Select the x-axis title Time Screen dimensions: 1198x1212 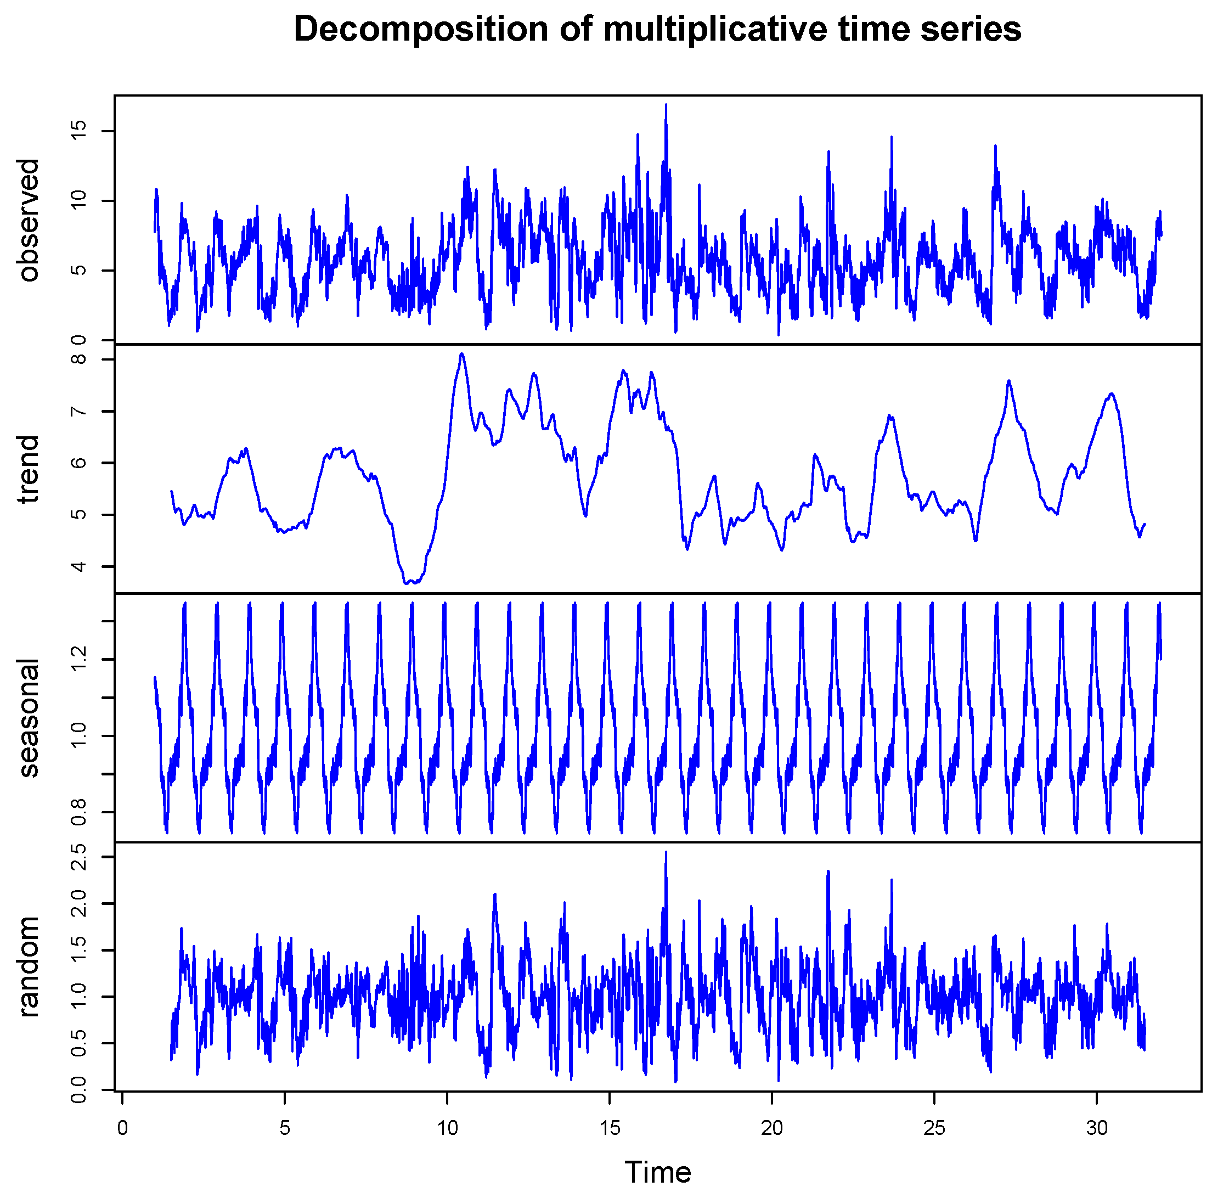(x=657, y=1172)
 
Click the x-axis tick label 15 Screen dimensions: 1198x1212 (x=609, y=1128)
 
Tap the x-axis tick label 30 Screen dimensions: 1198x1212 (x=1097, y=1128)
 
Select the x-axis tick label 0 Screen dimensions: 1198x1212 (x=122, y=1128)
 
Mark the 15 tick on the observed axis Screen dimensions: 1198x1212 (x=79, y=131)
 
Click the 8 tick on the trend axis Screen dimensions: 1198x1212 (x=79, y=359)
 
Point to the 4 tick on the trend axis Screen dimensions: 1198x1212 (x=79, y=567)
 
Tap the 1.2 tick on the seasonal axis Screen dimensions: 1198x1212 (x=79, y=660)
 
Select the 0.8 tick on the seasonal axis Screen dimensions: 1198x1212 (x=79, y=813)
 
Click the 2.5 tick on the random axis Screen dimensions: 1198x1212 (x=79, y=857)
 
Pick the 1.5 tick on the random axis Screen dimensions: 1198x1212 (x=79, y=950)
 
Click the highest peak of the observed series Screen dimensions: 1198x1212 (x=666, y=105)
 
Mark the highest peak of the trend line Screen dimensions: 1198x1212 (x=462, y=354)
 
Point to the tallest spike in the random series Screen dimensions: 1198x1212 (x=666, y=852)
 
